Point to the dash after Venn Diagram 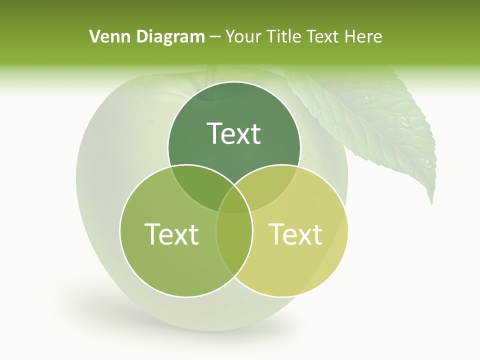215,37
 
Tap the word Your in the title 242,36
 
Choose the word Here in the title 365,36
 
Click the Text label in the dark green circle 234,133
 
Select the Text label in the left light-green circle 171,233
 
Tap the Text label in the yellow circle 295,233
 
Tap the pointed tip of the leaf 432,202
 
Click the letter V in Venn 94,36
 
